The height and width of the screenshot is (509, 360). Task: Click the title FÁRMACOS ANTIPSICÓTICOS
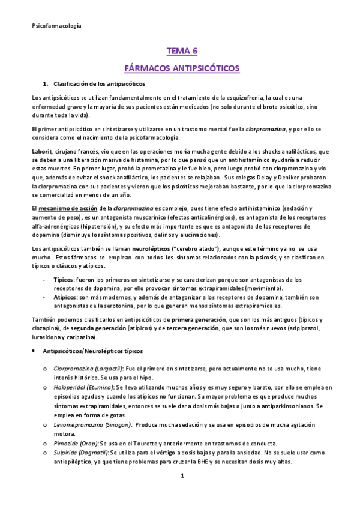(181, 68)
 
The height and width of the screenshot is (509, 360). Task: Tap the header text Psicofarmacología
(56, 26)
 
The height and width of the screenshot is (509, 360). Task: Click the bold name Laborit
(41, 151)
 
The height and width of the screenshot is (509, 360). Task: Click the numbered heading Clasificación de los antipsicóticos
(99, 83)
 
